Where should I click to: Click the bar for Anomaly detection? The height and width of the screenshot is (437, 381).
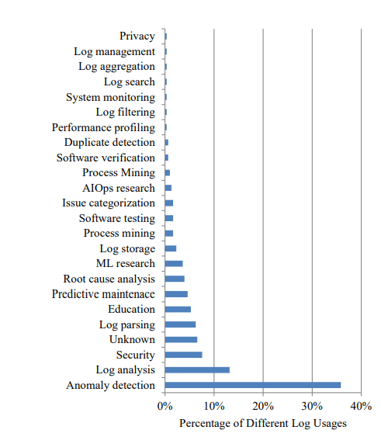pos(252,385)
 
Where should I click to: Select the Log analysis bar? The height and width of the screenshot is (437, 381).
pos(197,369)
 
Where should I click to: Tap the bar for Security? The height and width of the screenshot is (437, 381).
pos(183,355)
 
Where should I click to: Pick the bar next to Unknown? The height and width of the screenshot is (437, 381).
pos(181,339)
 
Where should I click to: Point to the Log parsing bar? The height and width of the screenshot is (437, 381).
pos(180,324)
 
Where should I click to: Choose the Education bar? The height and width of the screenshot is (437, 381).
pos(178,309)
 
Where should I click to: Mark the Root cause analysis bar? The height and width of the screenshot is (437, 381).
pos(175,279)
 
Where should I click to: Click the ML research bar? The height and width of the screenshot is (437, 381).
pos(174,263)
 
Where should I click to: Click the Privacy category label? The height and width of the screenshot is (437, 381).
pos(137,36)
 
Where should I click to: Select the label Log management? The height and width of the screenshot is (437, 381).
pos(114,51)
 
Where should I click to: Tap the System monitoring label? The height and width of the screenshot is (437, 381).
pos(110,97)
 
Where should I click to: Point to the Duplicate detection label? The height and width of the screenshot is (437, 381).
pos(109,142)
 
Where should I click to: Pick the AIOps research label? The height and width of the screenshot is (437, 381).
pos(118,188)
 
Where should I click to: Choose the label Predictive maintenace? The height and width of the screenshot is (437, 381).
pos(103,294)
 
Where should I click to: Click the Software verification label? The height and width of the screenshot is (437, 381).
pos(106,158)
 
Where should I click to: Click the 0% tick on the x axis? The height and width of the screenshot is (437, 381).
pos(165,405)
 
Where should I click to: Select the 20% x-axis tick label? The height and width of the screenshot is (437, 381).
pos(263,405)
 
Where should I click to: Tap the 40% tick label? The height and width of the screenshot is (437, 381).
pos(361,405)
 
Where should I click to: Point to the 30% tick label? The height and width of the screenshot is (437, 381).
pos(312,405)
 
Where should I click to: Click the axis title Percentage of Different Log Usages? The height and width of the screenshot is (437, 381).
pos(262,423)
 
